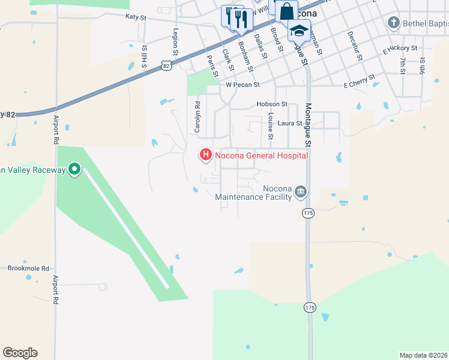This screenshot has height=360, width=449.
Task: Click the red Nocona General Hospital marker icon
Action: point(206,155)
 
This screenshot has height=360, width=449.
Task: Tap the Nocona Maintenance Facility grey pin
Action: point(301,192)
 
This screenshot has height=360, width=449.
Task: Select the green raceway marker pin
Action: point(74,170)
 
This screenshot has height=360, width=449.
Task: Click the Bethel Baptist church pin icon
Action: point(393,23)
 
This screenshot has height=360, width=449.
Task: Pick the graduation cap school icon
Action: point(298,29)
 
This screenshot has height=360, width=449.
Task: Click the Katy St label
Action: point(136,18)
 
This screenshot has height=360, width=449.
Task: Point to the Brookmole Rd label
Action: point(29,268)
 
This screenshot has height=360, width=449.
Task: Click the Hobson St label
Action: point(272,104)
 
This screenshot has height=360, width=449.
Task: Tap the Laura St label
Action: point(290,123)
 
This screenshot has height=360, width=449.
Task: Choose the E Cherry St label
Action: point(359,81)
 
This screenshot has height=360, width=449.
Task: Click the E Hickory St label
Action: point(400,48)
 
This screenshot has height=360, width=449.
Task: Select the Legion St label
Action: point(176,43)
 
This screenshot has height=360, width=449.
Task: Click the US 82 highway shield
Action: point(166,64)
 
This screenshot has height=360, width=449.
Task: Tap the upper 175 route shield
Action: point(309,213)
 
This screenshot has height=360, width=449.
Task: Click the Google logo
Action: point(20,353)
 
